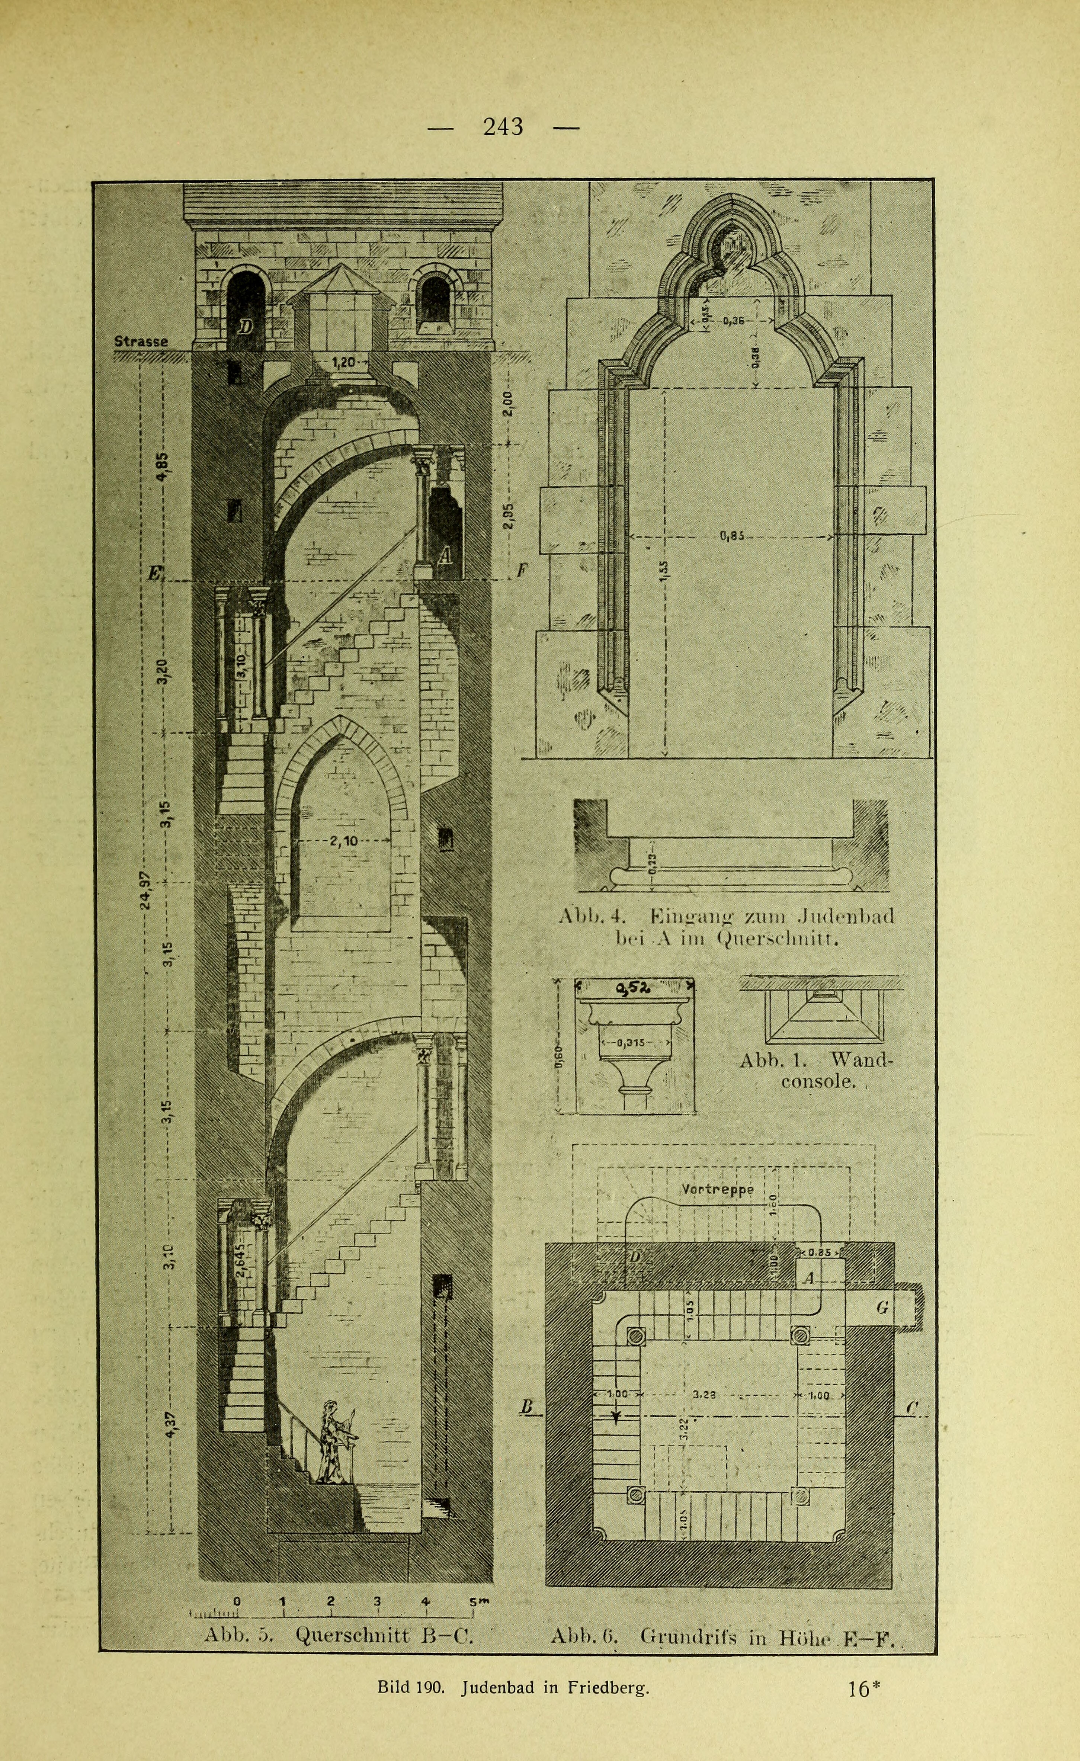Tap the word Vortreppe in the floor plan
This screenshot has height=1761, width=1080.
tap(718, 1190)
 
